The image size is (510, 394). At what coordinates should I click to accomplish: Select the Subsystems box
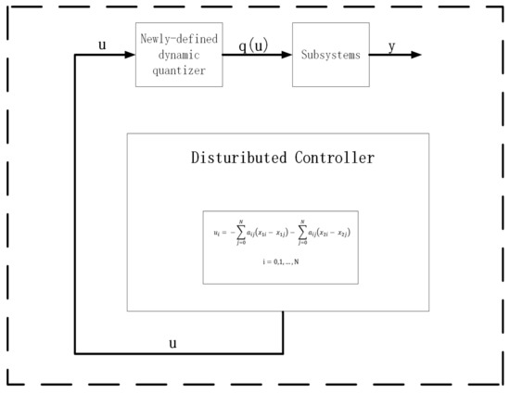tap(330, 55)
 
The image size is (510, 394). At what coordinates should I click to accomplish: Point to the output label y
tap(392, 45)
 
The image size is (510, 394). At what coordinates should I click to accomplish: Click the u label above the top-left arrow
tap(103, 44)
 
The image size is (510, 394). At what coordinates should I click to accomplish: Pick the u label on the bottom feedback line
tap(172, 343)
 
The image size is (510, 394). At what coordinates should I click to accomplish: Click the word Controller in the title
tap(326, 158)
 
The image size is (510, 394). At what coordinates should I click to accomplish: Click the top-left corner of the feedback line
tap(75, 55)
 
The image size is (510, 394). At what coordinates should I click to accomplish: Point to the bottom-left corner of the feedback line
tap(75, 353)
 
